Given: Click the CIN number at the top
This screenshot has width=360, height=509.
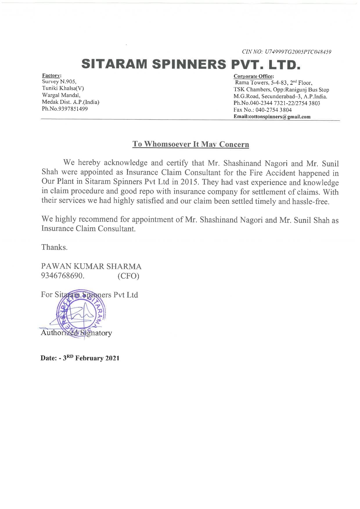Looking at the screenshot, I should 287,52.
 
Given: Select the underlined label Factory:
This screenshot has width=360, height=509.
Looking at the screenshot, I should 51,75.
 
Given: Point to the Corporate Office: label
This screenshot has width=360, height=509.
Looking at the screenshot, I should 253,76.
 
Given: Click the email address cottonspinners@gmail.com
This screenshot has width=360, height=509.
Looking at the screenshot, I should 272,117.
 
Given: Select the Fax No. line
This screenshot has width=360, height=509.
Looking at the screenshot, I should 262,110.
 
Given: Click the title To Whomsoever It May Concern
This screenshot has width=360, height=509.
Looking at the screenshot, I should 190,144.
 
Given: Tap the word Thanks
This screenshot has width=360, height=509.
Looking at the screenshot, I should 54,247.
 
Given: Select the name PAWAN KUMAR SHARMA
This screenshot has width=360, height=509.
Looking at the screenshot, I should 91,267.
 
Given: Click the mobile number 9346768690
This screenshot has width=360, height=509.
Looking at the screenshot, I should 63,276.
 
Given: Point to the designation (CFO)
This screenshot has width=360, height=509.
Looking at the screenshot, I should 128,276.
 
